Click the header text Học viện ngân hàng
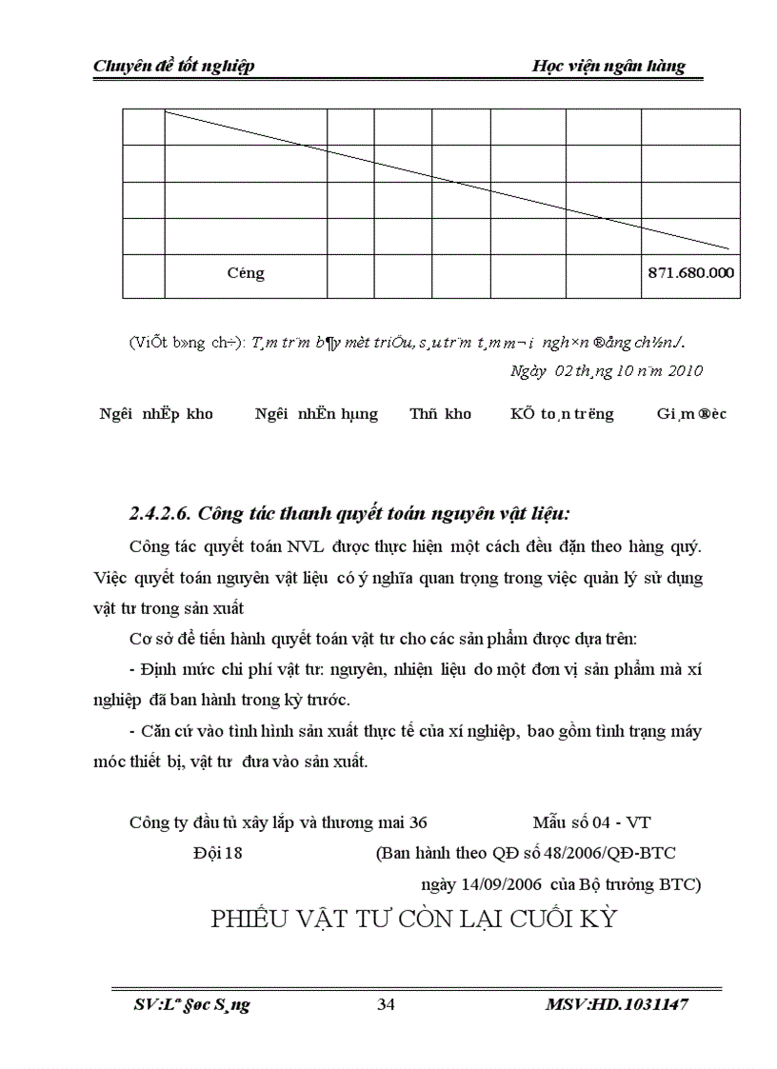pos(608,66)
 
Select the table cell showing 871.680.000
pos(690,273)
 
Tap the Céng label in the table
pos(246,273)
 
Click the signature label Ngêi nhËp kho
pos(156,414)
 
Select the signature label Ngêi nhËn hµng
pos(316,414)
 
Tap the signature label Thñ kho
pos(440,414)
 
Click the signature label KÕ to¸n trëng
pos(562,414)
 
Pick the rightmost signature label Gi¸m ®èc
pos(691,414)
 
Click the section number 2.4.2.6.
pos(164,514)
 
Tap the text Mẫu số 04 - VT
pos(591,822)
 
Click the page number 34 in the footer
pos(387,1004)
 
